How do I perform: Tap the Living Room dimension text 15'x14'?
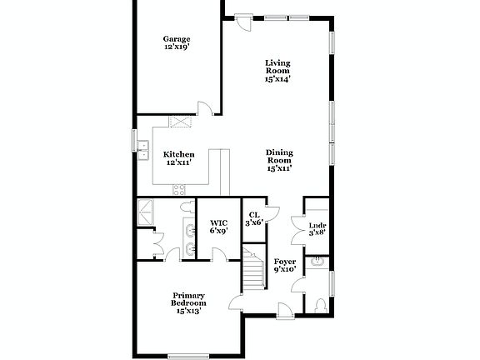tap(277, 80)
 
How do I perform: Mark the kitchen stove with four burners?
tap(181, 190)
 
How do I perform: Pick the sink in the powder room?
tap(316, 264)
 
